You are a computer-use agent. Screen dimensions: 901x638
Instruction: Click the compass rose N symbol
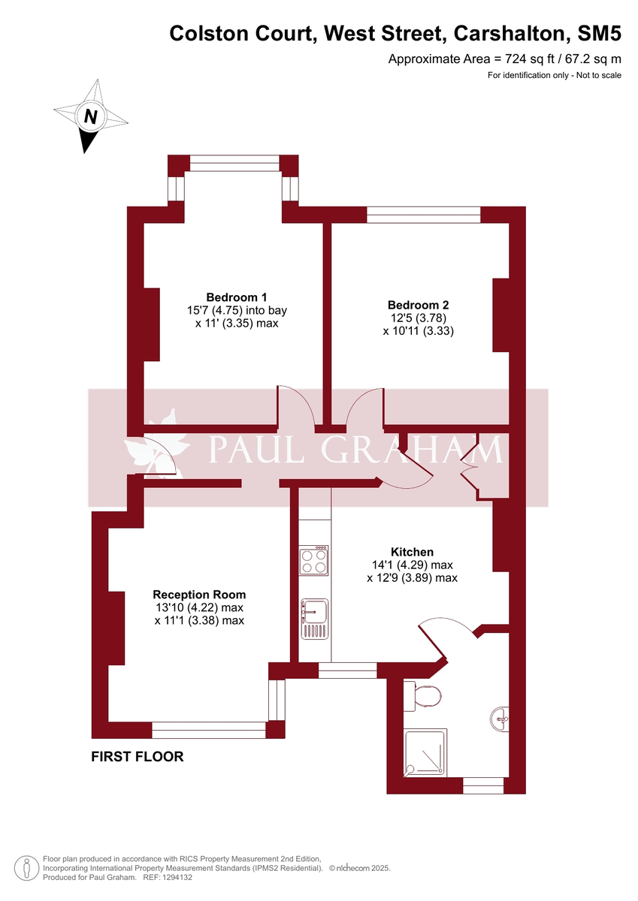(x=91, y=116)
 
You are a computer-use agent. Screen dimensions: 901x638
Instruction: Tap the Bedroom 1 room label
(x=237, y=297)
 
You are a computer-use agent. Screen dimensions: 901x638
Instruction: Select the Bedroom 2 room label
(x=418, y=305)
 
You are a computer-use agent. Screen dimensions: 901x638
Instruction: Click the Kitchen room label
(x=412, y=552)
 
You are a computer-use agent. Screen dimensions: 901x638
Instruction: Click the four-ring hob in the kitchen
(x=315, y=560)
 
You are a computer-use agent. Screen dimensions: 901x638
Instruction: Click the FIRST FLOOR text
(x=137, y=757)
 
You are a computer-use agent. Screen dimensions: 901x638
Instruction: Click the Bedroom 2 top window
(x=423, y=215)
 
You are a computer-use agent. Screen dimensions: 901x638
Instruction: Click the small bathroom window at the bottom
(x=482, y=785)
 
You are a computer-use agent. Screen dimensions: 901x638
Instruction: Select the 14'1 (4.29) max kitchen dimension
(x=412, y=565)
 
